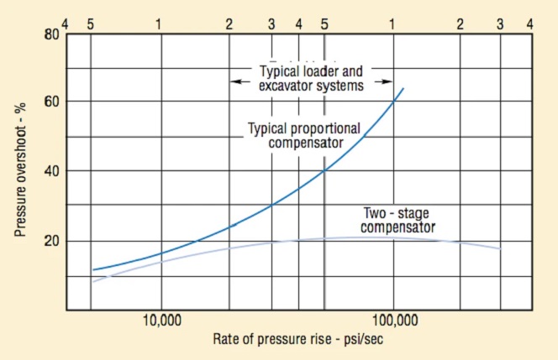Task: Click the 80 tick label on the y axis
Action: click(50, 34)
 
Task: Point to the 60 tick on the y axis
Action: click(50, 102)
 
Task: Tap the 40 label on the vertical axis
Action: click(50, 171)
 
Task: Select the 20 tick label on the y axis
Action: click(50, 241)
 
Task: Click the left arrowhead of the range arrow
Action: click(235, 81)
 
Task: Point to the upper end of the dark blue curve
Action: click(404, 87)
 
